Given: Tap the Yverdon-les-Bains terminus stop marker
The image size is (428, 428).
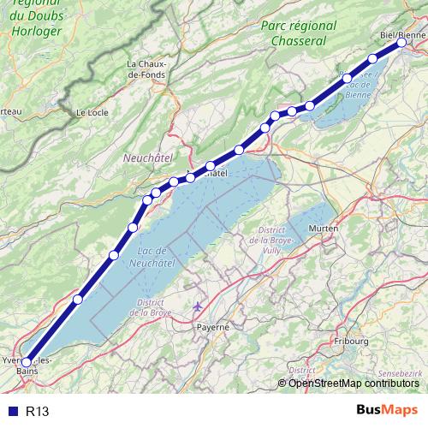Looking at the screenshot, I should tap(26, 362).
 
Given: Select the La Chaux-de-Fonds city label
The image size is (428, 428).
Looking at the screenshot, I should tap(150, 69).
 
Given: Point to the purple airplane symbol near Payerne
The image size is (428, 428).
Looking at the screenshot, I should tap(199, 306).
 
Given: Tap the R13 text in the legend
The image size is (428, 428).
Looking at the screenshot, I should tap(38, 412).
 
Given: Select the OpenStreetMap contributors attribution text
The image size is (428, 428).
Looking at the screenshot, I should tap(353, 383).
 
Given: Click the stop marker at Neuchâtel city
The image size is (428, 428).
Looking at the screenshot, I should tap(210, 166).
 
